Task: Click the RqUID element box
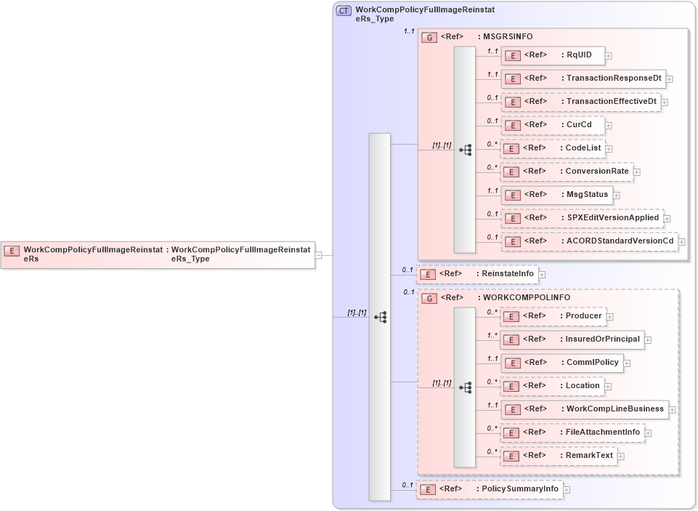click(552, 55)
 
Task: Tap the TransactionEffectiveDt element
click(580, 102)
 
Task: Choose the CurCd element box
click(552, 125)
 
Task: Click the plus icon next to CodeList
click(609, 148)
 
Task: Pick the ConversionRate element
click(566, 172)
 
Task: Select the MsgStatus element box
click(556, 195)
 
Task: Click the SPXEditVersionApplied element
click(581, 218)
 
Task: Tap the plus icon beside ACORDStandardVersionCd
click(681, 241)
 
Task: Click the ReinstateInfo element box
click(476, 274)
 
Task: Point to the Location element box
click(552, 386)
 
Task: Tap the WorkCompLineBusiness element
click(584, 409)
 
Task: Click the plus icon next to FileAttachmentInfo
click(648, 432)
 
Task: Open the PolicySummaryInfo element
click(489, 489)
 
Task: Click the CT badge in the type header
click(344, 11)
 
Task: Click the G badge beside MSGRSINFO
click(429, 36)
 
